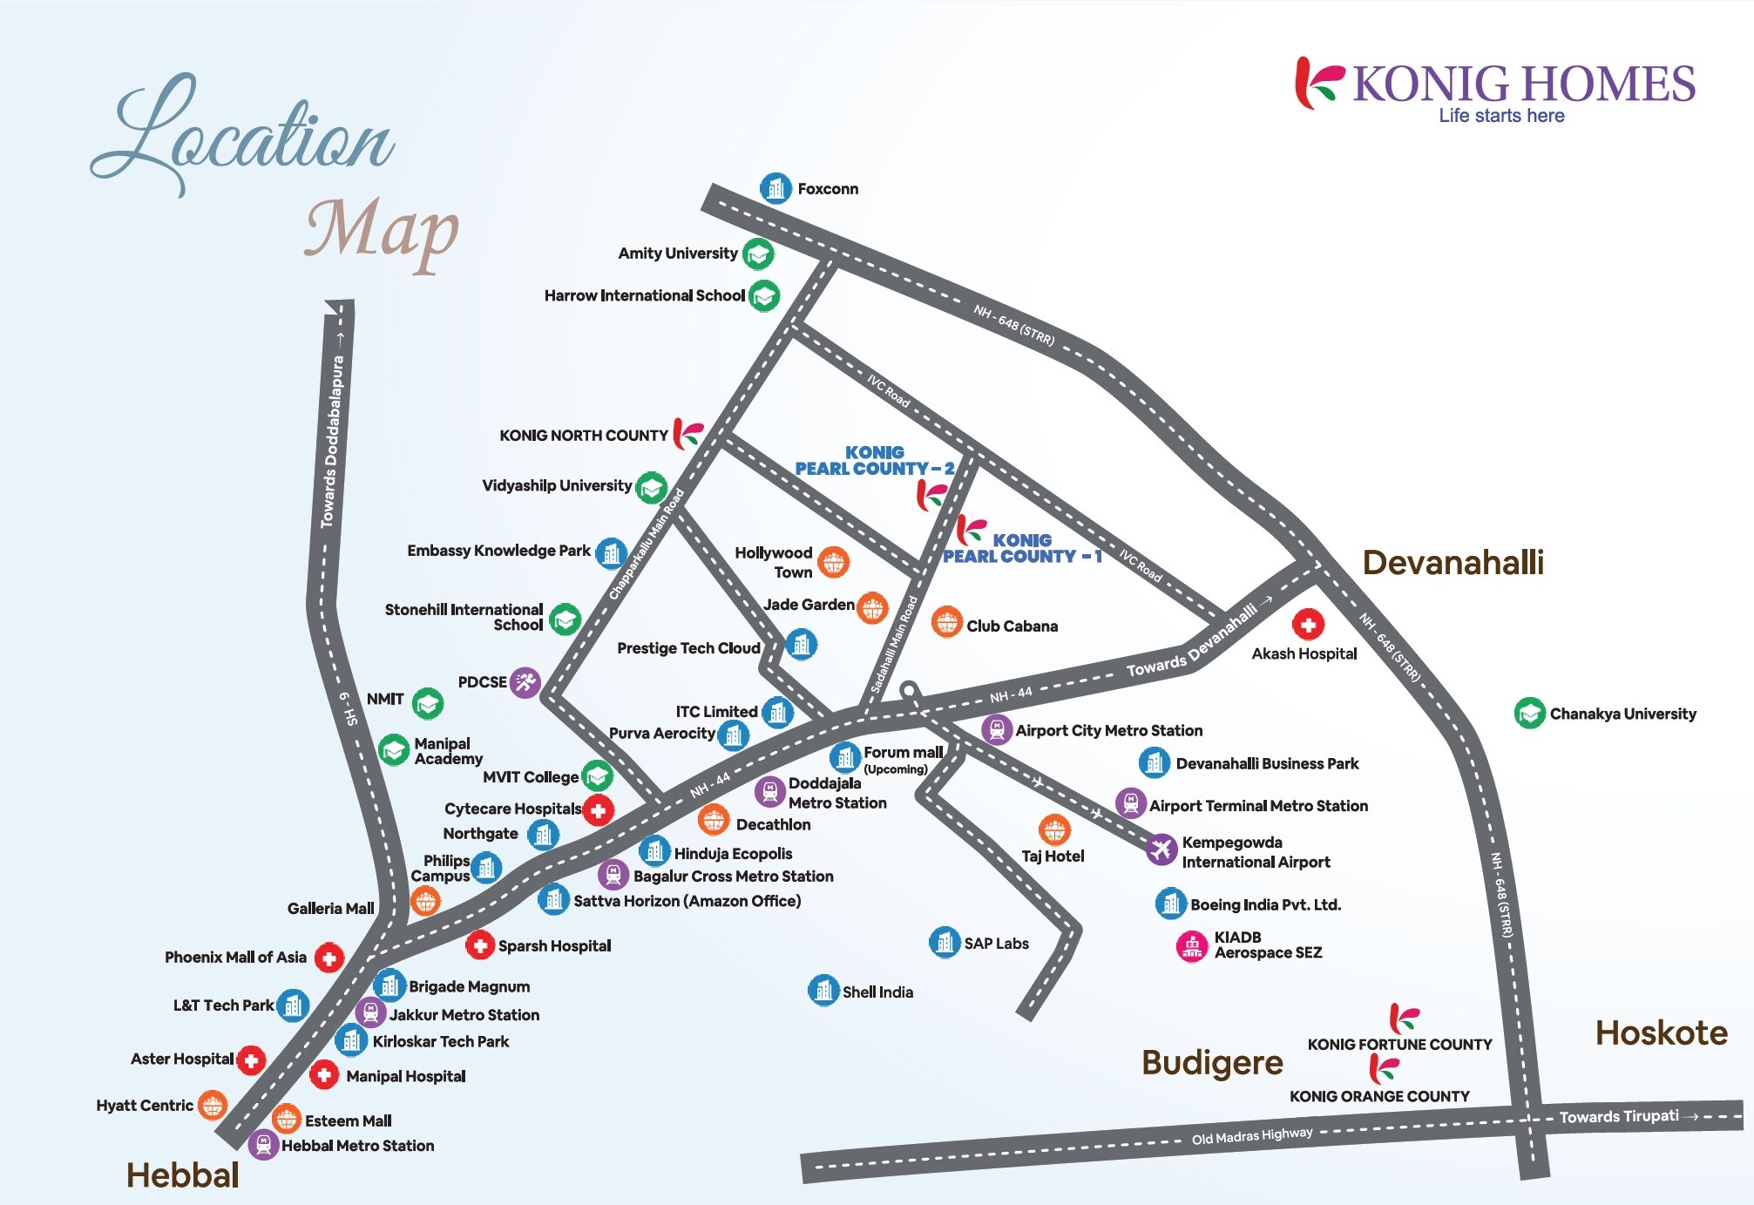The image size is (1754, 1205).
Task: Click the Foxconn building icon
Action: (775, 188)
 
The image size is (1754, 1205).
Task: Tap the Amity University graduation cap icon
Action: (758, 254)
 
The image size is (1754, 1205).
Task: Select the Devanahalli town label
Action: (1453, 563)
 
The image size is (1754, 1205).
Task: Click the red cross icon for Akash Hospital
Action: (1307, 624)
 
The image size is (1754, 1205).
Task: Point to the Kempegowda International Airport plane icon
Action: (1161, 849)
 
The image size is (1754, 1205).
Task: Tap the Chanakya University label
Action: (1622, 714)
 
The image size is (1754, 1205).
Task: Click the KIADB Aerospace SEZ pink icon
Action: (1192, 946)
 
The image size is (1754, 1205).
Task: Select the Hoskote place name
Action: (1661, 1033)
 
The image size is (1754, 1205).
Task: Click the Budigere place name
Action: (1212, 1063)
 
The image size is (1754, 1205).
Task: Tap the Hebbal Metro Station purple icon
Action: (263, 1145)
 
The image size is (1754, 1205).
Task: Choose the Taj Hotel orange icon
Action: (1054, 830)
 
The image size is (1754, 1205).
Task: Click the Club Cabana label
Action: (1012, 626)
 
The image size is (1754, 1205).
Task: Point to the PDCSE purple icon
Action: (525, 682)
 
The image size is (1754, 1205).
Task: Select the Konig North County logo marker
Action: (687, 433)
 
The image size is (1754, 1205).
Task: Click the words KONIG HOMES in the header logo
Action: (1524, 85)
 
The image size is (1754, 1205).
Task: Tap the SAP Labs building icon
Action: (945, 942)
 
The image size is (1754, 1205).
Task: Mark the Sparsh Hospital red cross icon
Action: (479, 945)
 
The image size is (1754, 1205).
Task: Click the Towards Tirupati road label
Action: (1618, 1117)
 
